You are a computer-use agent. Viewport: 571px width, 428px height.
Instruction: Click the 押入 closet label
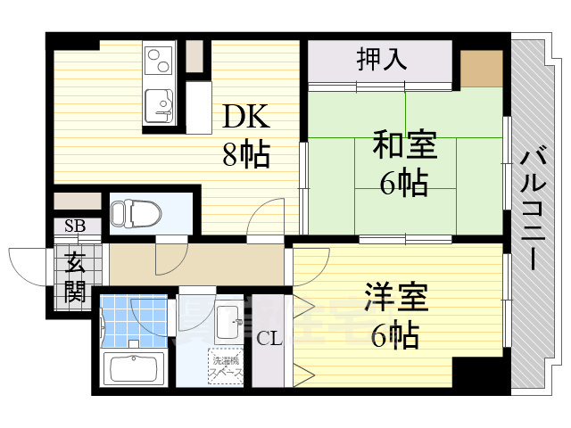tap(382, 60)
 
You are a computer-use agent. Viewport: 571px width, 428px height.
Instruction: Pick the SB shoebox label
tap(74, 225)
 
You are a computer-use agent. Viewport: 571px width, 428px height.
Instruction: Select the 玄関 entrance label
tap(74, 277)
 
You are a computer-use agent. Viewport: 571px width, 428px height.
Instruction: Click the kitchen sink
tap(161, 106)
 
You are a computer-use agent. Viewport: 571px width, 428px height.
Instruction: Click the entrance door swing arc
tap(27, 263)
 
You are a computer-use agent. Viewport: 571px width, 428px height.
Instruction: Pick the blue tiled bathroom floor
tap(134, 322)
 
